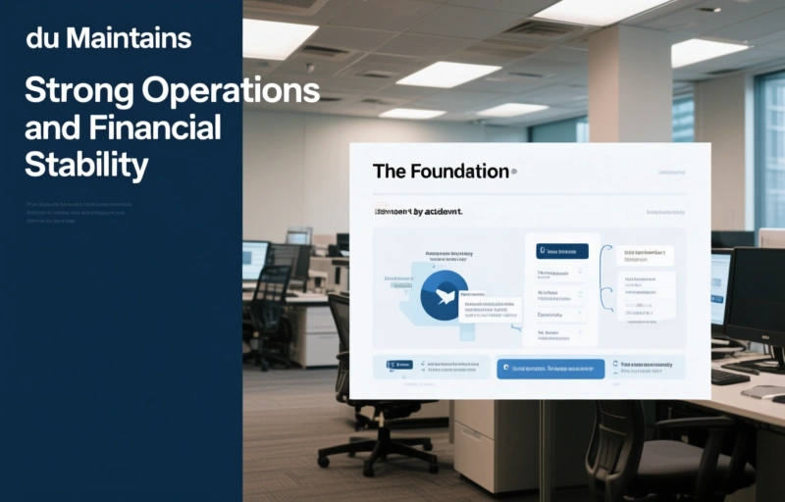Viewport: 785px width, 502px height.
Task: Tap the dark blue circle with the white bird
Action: coord(442,296)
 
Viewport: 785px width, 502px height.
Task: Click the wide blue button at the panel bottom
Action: coord(549,368)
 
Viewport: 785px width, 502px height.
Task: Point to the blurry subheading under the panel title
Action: coord(417,211)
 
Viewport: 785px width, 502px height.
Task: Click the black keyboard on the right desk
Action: coord(730,376)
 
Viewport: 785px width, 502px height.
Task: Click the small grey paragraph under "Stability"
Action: coord(78,213)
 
